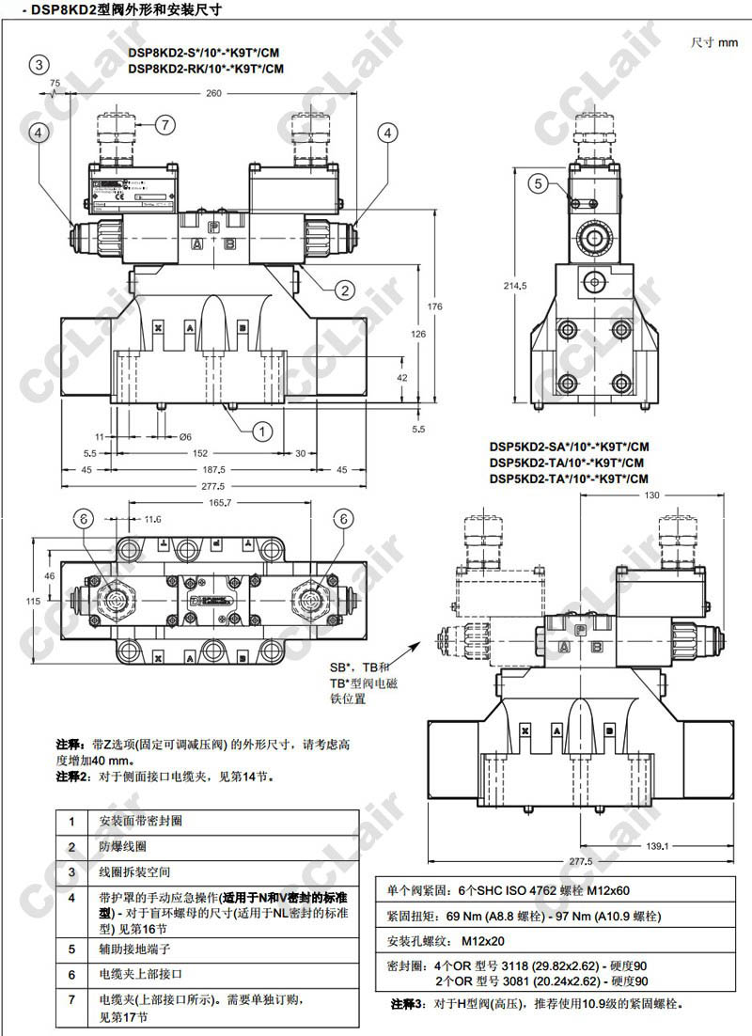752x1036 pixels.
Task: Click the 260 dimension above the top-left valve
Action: point(213,93)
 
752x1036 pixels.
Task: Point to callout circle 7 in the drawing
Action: point(164,124)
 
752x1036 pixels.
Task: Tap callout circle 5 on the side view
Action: point(537,184)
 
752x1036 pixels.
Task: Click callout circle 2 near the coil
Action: point(345,290)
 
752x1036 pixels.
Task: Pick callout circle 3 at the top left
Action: point(38,65)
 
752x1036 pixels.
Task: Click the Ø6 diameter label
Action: point(185,436)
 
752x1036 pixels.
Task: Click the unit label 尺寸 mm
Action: point(714,42)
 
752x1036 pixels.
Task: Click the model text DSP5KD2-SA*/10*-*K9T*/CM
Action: point(569,447)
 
